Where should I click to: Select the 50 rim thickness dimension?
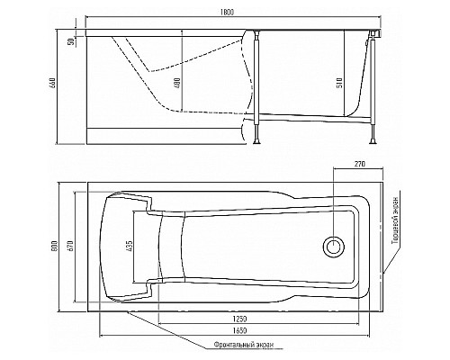click(x=71, y=41)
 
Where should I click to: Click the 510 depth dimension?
click(x=339, y=82)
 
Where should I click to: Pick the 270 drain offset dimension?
click(x=360, y=164)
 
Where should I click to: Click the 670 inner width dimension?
click(x=70, y=246)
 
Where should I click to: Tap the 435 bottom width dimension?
click(x=130, y=246)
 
